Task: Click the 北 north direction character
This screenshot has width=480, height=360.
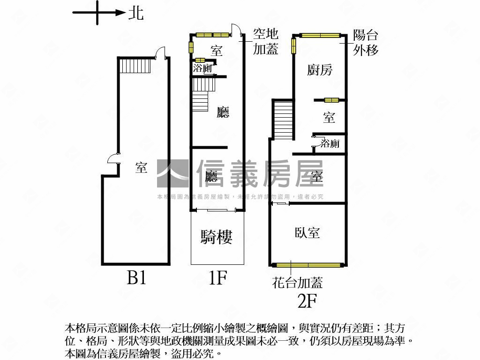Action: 136,13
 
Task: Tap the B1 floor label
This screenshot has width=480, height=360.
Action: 137,278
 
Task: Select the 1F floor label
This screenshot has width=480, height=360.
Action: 217,278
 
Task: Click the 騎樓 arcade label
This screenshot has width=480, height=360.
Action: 217,238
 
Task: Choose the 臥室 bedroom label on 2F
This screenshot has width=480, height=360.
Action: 307,232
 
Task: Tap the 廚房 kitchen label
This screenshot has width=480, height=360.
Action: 320,70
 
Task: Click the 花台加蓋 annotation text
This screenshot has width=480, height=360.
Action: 298,282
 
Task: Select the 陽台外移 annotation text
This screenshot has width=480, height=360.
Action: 366,43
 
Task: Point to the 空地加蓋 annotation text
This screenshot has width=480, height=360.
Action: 266,41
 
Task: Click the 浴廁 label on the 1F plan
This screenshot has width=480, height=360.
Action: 202,68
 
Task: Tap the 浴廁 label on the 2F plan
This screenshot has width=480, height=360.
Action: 330,143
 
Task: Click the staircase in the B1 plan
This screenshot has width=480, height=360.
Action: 135,65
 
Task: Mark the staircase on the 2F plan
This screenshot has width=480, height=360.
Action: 283,120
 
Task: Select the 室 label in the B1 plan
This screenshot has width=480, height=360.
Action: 141,168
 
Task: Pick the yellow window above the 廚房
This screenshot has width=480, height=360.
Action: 320,35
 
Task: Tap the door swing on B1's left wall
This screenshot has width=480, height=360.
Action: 113,159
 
